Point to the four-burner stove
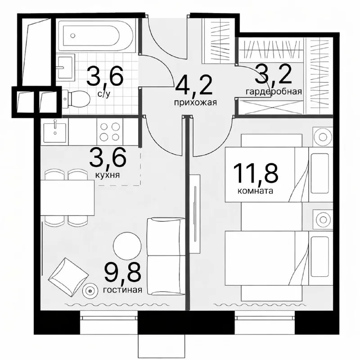(x=110, y=131)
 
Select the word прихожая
(x=196, y=102)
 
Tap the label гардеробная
(x=273, y=92)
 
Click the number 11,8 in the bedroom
(x=255, y=173)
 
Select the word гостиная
(x=122, y=290)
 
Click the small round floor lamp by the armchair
(x=90, y=292)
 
